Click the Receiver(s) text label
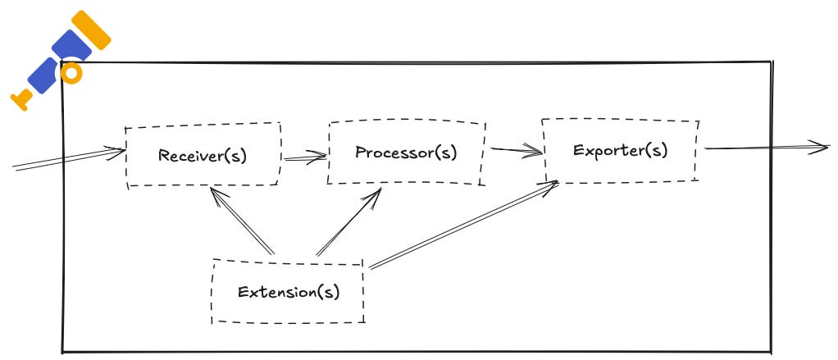(202, 155)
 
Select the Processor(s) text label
(406, 153)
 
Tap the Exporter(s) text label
(620, 150)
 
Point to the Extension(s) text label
(288, 291)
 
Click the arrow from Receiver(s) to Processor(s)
(303, 158)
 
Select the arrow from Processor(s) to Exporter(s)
(517, 150)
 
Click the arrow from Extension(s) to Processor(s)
(348, 221)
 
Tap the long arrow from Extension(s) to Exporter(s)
(463, 225)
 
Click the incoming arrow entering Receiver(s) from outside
(66, 159)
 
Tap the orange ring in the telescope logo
(72, 73)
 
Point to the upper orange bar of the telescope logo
(89, 30)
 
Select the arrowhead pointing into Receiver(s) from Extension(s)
(214, 194)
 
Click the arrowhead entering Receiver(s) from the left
(119, 150)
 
